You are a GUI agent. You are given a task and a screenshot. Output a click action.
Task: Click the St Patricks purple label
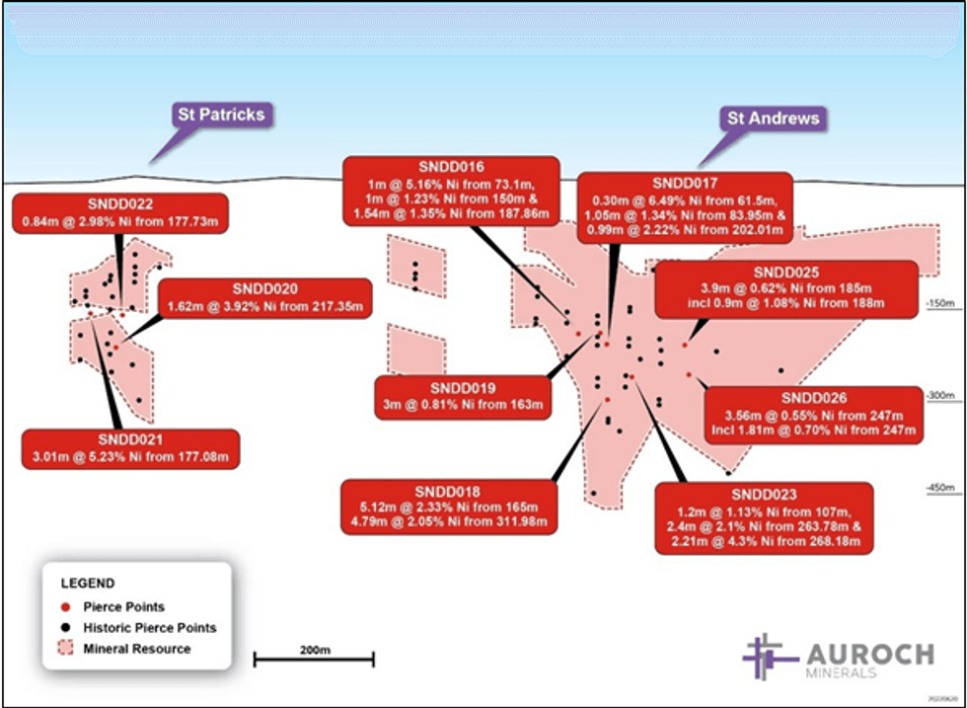220,114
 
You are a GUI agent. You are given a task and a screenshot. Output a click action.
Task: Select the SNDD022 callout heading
120,203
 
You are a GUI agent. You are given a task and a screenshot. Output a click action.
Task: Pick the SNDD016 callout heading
450,165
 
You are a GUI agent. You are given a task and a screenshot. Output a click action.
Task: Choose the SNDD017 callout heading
685,183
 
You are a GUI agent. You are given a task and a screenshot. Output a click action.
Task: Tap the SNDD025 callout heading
785,271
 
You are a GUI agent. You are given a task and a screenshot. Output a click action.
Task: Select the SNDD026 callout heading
813,397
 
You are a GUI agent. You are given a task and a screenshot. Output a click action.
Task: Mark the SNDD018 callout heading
447,490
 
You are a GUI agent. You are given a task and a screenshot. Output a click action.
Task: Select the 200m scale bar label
314,650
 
